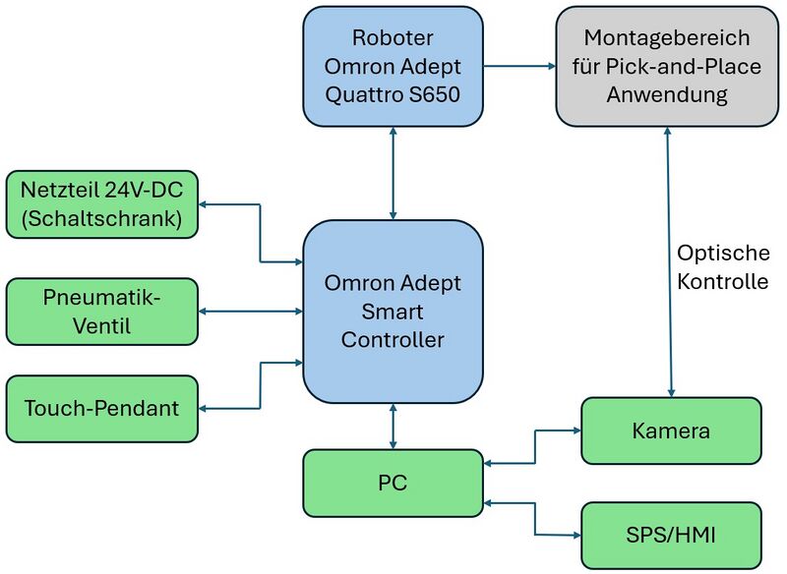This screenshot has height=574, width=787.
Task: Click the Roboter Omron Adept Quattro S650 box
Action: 393,66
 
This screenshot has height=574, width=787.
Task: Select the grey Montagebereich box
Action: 667,66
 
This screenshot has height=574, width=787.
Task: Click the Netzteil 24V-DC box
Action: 101,204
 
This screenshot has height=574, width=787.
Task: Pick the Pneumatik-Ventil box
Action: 101,311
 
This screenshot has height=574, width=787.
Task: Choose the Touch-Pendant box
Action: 101,407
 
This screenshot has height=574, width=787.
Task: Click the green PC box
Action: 393,483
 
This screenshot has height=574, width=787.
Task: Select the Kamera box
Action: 671,430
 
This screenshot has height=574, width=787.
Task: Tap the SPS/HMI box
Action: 671,536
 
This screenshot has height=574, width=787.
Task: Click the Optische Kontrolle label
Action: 722,266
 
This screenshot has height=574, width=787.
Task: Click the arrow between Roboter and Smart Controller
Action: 393,173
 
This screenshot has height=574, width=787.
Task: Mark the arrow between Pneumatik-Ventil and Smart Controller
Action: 251,311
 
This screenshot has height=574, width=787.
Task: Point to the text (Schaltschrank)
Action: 101,219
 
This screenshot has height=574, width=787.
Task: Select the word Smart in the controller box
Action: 393,312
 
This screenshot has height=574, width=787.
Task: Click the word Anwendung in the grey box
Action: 667,95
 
